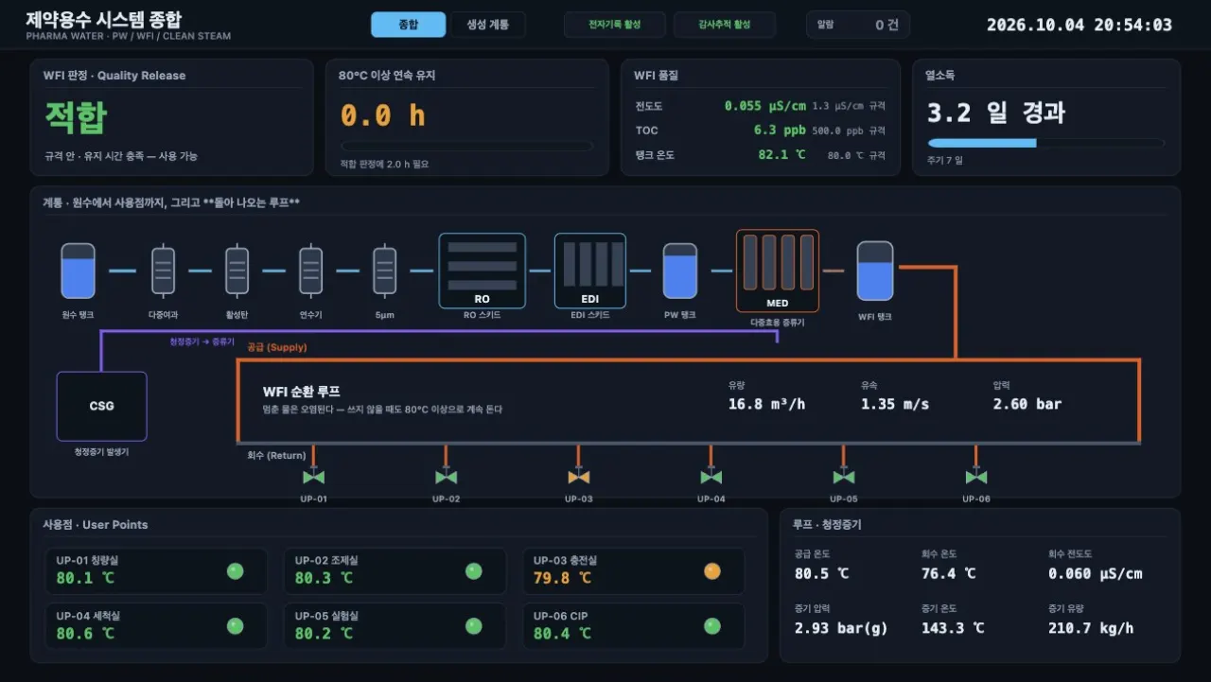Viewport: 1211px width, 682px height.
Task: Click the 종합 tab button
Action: (408, 25)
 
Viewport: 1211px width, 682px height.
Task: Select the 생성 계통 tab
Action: (487, 25)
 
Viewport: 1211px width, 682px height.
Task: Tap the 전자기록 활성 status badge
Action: (615, 25)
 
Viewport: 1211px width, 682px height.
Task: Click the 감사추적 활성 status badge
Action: (725, 25)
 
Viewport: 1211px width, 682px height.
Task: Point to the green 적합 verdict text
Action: (77, 117)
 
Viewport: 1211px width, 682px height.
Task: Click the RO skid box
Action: (482, 271)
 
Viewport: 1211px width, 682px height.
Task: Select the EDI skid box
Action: (589, 271)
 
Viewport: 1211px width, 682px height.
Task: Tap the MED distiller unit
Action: (778, 271)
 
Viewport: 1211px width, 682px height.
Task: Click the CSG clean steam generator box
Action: (101, 406)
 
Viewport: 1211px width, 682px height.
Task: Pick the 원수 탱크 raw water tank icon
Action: (78, 271)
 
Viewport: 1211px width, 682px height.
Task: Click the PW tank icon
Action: (679, 271)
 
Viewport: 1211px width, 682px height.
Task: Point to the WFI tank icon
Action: (875, 271)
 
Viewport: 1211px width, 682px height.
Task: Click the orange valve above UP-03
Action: (578, 477)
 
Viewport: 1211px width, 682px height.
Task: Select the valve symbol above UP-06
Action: (975, 477)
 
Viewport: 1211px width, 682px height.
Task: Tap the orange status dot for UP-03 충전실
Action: (712, 571)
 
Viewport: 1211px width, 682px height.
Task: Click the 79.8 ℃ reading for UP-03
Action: (562, 578)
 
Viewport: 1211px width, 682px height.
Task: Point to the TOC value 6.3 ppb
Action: (780, 131)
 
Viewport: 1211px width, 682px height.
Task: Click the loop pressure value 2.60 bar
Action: (1027, 404)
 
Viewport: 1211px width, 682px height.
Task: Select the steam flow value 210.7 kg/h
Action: (1091, 628)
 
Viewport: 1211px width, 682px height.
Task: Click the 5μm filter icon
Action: (384, 271)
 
